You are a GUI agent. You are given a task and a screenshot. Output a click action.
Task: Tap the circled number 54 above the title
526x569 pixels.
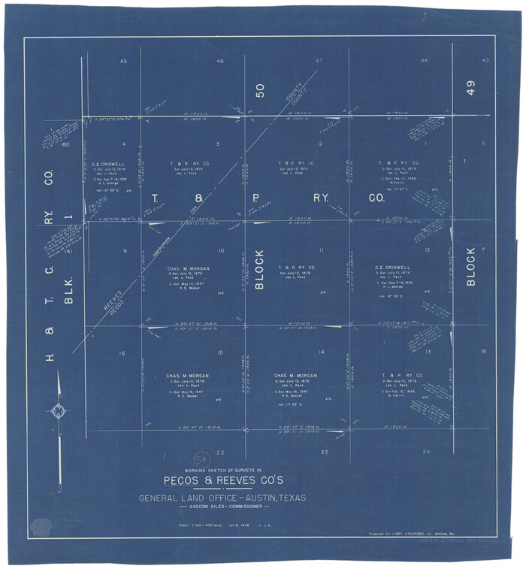click(x=201, y=459)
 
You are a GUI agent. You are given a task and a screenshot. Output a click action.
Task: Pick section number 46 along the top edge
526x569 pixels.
click(x=219, y=61)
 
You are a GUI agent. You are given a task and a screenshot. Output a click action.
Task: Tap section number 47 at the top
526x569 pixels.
click(x=319, y=60)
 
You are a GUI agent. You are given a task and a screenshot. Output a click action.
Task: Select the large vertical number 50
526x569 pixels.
click(x=260, y=91)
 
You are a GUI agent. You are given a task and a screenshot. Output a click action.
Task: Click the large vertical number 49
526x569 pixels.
click(x=470, y=88)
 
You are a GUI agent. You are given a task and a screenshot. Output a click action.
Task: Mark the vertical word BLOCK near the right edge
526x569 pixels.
click(x=471, y=266)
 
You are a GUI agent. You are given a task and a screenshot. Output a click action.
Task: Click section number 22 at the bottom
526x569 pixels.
click(x=220, y=452)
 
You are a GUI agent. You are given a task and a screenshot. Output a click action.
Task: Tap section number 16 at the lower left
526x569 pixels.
click(x=122, y=353)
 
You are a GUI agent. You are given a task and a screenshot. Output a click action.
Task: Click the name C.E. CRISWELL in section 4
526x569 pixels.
click(x=108, y=163)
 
